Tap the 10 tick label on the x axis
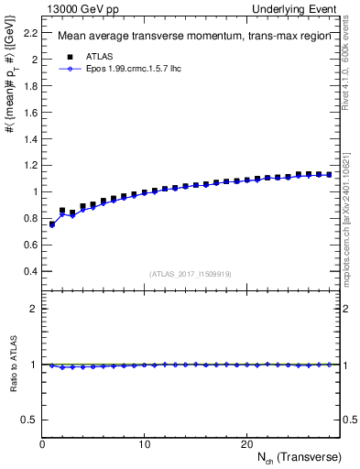click(144, 444)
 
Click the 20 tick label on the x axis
click(246, 444)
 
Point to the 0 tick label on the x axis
click(42, 444)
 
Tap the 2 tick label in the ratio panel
click(34, 309)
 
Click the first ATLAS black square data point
click(52, 224)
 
